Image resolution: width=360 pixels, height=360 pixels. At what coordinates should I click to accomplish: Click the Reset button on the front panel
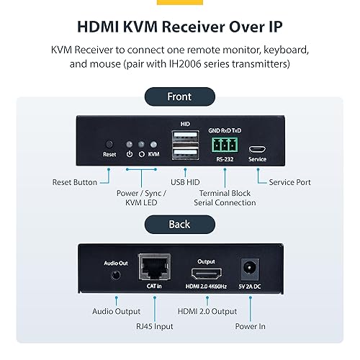tap(109, 144)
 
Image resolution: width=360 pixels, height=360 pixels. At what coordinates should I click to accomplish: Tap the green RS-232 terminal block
tap(225, 143)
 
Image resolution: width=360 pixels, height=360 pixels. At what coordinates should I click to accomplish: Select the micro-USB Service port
tap(258, 144)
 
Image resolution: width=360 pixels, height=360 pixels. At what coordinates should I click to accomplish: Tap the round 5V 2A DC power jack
tap(251, 268)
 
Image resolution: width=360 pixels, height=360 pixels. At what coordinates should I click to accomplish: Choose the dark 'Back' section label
tap(179, 224)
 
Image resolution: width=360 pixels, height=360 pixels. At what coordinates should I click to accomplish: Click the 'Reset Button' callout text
tap(75, 182)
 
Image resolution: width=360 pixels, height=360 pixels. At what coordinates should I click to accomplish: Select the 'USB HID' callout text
tap(184, 182)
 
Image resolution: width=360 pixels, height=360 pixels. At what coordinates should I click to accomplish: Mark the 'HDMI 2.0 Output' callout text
tap(207, 311)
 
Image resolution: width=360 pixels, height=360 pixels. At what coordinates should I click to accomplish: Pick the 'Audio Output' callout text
tap(117, 311)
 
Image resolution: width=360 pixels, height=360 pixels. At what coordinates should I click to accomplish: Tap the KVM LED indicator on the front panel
tap(152, 143)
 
